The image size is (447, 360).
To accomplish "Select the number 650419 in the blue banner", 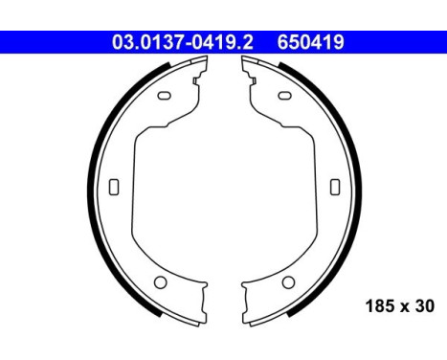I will (310, 43).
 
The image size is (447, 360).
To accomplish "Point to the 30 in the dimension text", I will (424, 306).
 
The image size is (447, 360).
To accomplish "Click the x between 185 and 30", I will (406, 307).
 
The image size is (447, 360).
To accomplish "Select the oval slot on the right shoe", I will (286, 95).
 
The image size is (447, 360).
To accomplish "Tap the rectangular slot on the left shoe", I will (114, 187).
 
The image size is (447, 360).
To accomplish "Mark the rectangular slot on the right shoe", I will (334, 187).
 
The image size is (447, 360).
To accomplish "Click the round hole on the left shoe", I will (161, 282).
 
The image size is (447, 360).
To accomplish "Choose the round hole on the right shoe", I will (287, 282).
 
